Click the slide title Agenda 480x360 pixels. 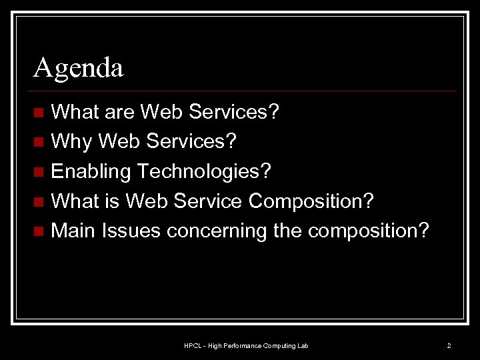79,68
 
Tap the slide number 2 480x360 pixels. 449,345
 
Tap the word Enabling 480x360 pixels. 90,171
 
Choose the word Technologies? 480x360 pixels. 204,171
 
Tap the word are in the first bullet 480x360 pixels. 119,112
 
